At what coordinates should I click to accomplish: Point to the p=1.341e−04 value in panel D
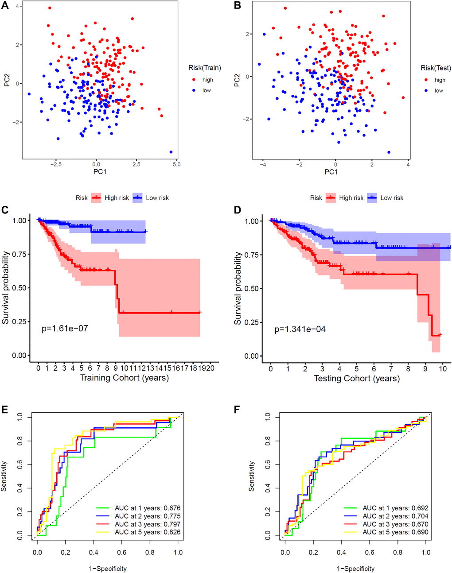click(300, 329)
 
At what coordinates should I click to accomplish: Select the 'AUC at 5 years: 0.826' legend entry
click(147, 532)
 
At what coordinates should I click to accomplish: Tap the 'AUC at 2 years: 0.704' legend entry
click(395, 516)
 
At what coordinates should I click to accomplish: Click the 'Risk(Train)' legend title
click(204, 68)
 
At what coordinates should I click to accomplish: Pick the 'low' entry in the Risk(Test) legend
click(439, 90)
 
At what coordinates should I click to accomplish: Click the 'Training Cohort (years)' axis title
click(124, 378)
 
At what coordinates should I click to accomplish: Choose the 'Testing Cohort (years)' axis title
click(357, 378)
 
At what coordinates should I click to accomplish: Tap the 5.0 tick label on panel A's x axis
click(176, 164)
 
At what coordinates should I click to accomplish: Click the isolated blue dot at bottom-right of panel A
click(171, 152)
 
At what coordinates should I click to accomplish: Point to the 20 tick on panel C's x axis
click(210, 368)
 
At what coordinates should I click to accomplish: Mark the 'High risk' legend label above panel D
click(351, 198)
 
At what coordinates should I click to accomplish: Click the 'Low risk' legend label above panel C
click(157, 198)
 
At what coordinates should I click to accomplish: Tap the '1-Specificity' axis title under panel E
click(108, 568)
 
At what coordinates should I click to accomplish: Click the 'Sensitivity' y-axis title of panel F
click(252, 476)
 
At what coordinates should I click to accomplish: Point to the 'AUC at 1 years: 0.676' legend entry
click(147, 508)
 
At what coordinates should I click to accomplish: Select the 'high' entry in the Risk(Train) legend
click(207, 80)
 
